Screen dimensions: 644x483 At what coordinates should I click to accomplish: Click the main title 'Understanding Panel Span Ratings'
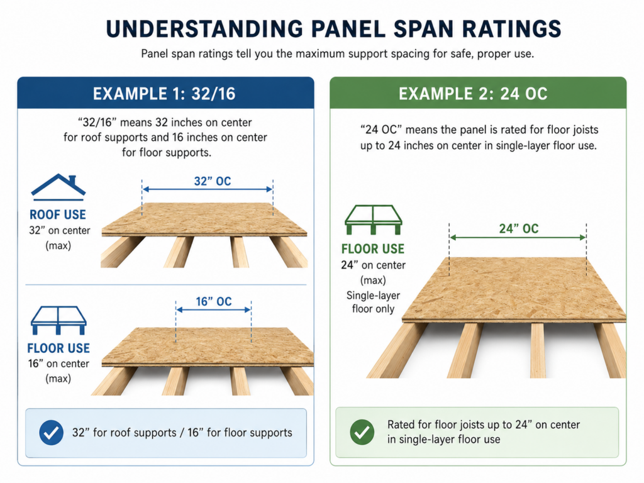coord(333,29)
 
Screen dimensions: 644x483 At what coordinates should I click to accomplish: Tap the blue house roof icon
coord(58,187)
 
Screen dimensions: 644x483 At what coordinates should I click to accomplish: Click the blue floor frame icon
coord(58,320)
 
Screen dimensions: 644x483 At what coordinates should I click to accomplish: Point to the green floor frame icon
coord(373,219)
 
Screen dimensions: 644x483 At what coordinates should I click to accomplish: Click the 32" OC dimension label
coord(213,181)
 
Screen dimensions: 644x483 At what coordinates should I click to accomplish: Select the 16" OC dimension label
coord(214,301)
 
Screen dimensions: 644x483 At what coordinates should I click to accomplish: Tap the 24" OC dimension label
coord(519,228)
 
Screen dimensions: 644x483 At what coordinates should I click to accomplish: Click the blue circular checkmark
coord(52,433)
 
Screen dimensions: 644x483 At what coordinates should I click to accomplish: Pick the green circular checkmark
coord(362,432)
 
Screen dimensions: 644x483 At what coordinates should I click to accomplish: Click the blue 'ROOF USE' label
coord(57,214)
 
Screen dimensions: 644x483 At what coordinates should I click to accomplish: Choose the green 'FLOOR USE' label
coord(373,249)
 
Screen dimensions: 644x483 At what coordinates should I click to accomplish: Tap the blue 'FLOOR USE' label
coord(58,348)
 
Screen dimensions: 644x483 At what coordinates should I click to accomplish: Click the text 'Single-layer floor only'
coord(373,302)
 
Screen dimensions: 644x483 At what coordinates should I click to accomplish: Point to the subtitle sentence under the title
coord(337,54)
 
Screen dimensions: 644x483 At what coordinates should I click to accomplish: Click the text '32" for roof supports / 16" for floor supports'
coord(182,433)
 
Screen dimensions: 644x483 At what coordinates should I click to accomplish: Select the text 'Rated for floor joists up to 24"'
coord(460,425)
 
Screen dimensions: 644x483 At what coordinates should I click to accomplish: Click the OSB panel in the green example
coord(514,289)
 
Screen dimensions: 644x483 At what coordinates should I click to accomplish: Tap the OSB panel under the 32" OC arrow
coord(204,219)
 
